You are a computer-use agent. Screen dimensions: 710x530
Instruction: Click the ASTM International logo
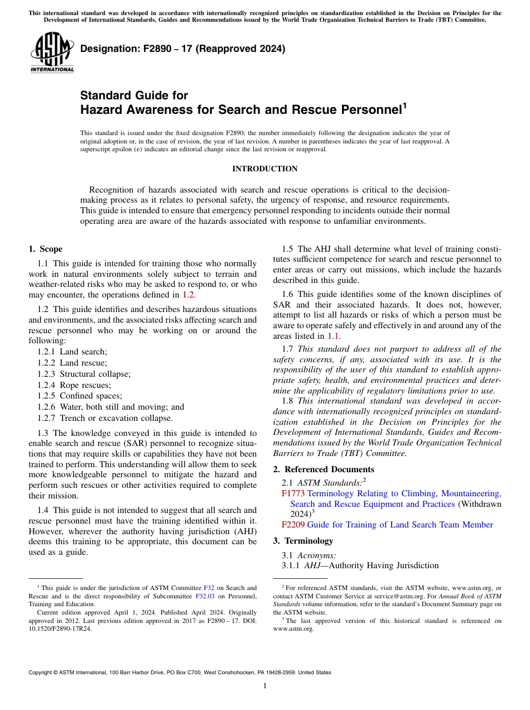[x=52, y=53]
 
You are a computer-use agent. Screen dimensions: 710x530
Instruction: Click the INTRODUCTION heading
[x=264, y=169]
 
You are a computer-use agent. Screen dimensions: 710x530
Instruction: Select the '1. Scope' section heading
[x=45, y=249]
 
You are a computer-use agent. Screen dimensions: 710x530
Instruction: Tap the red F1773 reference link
[x=293, y=493]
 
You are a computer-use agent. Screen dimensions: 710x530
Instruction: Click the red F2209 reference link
[x=293, y=525]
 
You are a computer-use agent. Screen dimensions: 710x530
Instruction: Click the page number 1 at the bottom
[x=265, y=686]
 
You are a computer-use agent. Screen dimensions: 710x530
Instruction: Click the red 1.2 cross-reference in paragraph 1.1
[x=189, y=294]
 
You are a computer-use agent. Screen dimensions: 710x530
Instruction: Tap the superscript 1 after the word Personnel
[x=404, y=105]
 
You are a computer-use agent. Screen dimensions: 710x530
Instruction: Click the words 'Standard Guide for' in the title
[x=134, y=95]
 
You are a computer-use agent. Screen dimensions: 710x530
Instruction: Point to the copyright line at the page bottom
[x=180, y=673]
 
